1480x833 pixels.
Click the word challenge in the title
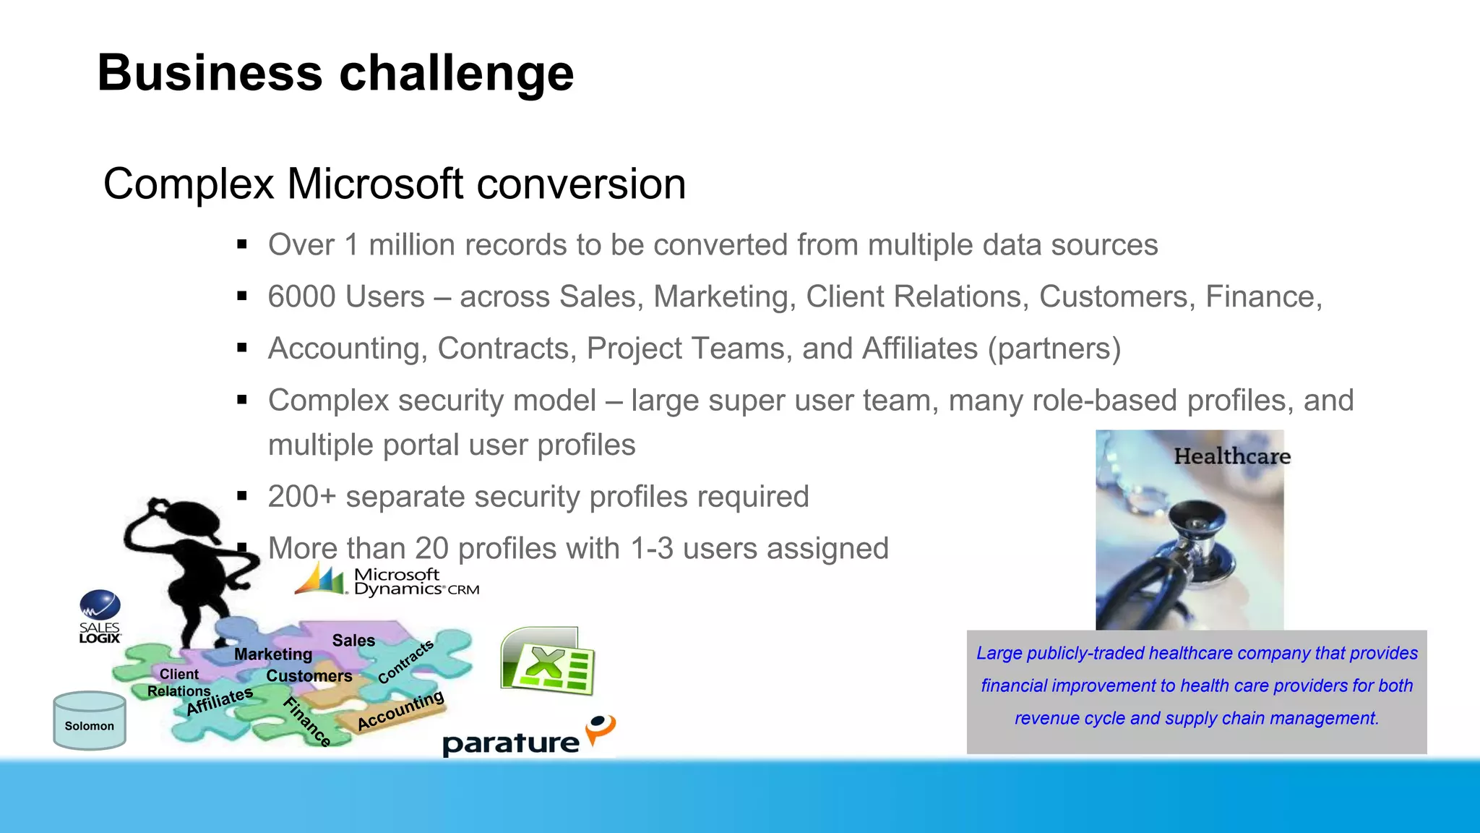[456, 74]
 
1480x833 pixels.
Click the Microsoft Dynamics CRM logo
[387, 581]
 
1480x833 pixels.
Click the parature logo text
[510, 743]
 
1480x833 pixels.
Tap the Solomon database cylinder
[90, 721]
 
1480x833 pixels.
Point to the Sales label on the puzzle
[353, 641]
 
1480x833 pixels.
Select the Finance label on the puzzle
[307, 722]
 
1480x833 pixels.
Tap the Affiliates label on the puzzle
[219, 701]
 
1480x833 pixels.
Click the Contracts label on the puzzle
[405, 661]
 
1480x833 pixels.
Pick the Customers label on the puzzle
[309, 676]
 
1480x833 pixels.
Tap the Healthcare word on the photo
[1231, 456]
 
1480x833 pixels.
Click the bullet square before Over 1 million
[242, 245]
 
